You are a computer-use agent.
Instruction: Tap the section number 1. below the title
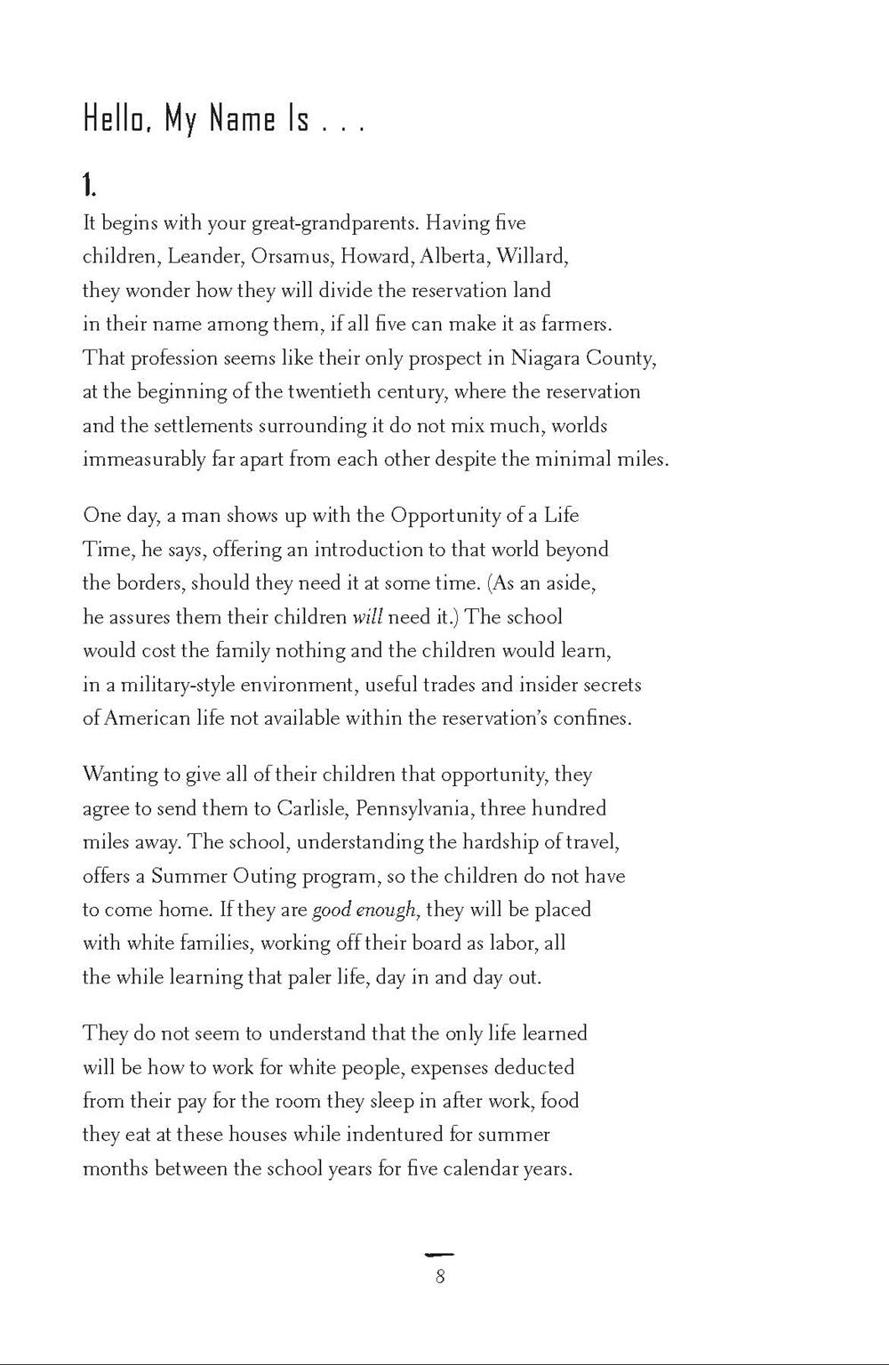(x=89, y=185)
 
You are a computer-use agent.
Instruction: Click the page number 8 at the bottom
(x=440, y=1278)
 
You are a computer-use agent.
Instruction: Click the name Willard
(x=531, y=256)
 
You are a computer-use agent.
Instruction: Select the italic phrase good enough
(x=364, y=910)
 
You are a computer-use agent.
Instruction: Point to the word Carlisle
(x=311, y=808)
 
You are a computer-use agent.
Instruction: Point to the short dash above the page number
(x=440, y=1254)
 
